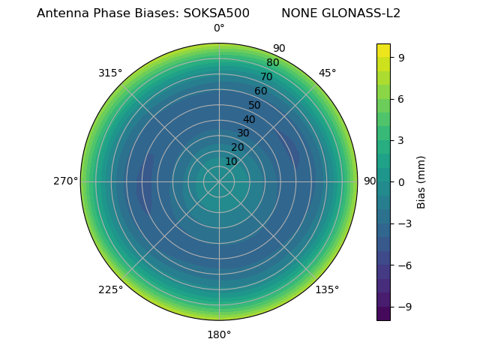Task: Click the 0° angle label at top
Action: pyautogui.click(x=219, y=28)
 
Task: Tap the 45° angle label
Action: pyautogui.click(x=327, y=73)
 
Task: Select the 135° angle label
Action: pyautogui.click(x=327, y=289)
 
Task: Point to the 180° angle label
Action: pyautogui.click(x=219, y=334)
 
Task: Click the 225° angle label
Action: pyautogui.click(x=110, y=289)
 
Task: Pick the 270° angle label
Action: pyautogui.click(x=65, y=181)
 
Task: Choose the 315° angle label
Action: pyautogui.click(x=110, y=73)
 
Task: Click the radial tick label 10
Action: pyautogui.click(x=231, y=161)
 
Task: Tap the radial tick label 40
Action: pyautogui.click(x=249, y=119)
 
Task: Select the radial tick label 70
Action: pyautogui.click(x=266, y=76)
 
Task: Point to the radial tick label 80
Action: pyautogui.click(x=272, y=62)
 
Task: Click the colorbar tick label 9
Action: pyautogui.click(x=402, y=57)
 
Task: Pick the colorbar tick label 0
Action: pyautogui.click(x=402, y=181)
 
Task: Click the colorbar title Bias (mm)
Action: pyautogui.click(x=421, y=181)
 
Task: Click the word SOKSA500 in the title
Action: pyautogui.click(x=217, y=13)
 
